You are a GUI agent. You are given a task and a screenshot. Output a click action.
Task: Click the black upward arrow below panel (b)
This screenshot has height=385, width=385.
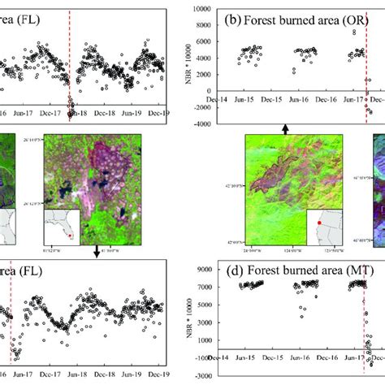(284, 128)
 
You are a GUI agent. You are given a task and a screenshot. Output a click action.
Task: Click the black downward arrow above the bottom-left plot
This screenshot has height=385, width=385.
(96, 252)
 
